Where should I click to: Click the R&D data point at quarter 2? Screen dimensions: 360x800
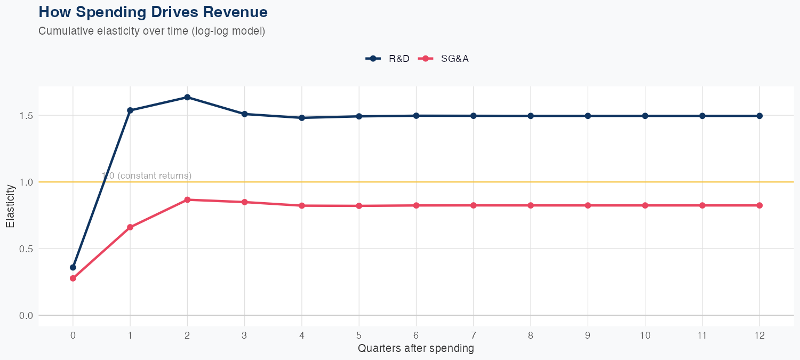(187, 97)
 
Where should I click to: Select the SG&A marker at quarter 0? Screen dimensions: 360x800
(73, 278)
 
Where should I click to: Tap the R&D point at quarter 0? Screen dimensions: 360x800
(73, 267)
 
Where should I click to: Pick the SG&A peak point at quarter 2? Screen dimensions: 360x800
(187, 199)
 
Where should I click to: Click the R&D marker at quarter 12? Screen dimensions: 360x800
(759, 116)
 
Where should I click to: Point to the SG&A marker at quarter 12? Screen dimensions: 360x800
(759, 205)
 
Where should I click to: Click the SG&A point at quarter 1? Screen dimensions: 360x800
(130, 227)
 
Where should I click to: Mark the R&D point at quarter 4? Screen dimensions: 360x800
(302, 118)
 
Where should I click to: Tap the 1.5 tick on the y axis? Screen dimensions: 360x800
(27, 115)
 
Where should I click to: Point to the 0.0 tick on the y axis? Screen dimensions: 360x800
(27, 315)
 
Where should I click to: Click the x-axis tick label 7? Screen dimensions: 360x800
(473, 335)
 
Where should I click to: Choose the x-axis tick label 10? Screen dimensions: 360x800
(645, 335)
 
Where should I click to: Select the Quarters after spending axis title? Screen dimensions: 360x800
(415, 349)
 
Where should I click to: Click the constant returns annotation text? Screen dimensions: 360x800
(147, 175)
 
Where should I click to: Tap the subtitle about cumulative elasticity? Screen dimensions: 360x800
(151, 31)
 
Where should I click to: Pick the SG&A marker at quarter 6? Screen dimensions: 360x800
(416, 205)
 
